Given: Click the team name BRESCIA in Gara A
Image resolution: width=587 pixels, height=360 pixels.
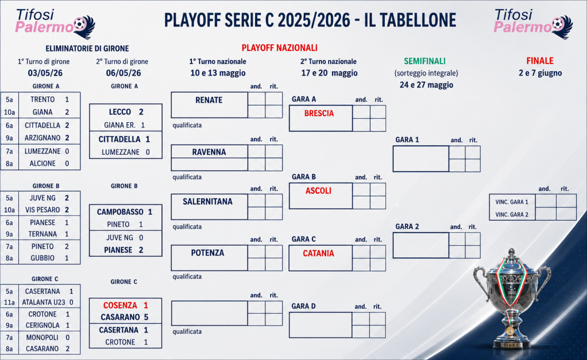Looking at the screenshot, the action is click(x=319, y=114).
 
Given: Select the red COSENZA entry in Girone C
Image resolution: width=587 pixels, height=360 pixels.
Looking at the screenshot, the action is click(x=120, y=306).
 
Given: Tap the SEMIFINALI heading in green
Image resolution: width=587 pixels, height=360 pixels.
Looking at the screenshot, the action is click(x=425, y=61).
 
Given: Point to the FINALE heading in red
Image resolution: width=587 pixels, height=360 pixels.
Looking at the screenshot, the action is click(x=540, y=61).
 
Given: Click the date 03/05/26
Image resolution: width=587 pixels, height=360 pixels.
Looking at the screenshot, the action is click(x=45, y=73).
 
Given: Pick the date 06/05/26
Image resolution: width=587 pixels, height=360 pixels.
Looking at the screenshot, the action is click(x=124, y=73).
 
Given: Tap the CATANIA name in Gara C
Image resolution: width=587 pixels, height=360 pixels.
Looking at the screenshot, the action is click(x=318, y=253).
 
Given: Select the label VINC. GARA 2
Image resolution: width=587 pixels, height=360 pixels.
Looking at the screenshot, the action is click(x=512, y=214).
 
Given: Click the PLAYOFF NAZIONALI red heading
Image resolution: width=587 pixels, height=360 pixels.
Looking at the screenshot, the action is click(x=279, y=48).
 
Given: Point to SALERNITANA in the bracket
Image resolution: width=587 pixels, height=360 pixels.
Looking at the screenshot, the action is click(x=208, y=202).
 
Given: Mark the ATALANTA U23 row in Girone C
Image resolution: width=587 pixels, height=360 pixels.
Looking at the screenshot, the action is click(x=44, y=302).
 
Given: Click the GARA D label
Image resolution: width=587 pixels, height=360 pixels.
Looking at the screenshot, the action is click(x=304, y=306).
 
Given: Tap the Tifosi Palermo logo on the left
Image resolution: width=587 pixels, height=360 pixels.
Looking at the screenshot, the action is click(x=55, y=24).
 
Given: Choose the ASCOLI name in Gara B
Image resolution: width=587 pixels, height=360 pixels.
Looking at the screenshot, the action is click(x=318, y=191).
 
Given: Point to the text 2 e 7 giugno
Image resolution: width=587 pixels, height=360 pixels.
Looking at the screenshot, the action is click(x=540, y=73).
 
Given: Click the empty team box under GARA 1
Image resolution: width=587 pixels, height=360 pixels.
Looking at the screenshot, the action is click(x=421, y=159).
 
